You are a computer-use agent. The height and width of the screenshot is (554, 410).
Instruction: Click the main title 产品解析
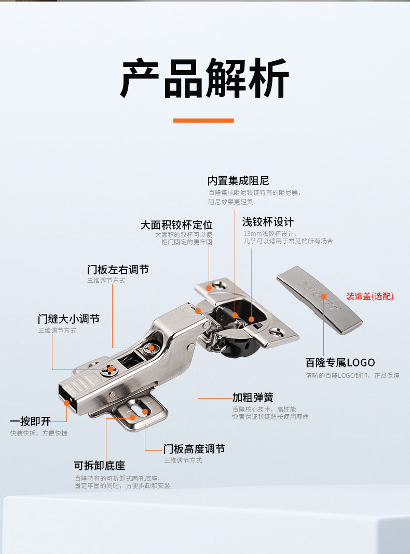pyautogui.click(x=204, y=78)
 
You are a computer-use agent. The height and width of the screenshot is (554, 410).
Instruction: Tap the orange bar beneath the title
pyautogui.click(x=203, y=121)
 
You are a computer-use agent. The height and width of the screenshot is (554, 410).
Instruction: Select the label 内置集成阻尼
pyautogui.click(x=238, y=181)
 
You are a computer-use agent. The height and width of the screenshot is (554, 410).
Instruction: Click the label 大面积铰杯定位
pyautogui.click(x=176, y=225)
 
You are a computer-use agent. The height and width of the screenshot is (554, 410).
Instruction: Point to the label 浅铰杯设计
pyautogui.click(x=268, y=222)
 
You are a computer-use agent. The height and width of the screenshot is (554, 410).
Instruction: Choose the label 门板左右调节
pyautogui.click(x=118, y=270)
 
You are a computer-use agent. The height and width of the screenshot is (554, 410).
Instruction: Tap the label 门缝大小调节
pyautogui.click(x=69, y=319)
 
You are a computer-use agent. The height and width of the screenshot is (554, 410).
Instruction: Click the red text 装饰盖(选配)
pyautogui.click(x=370, y=296)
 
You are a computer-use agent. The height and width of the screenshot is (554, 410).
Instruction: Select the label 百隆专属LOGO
pyautogui.click(x=340, y=362)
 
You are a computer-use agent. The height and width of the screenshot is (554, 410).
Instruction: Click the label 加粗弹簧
pyautogui.click(x=253, y=398)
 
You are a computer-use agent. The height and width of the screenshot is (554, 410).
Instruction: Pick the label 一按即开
pyautogui.click(x=31, y=421)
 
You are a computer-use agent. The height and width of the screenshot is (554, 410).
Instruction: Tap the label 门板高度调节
pyautogui.click(x=194, y=449)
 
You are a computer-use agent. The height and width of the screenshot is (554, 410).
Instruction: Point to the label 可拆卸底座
pyautogui.click(x=100, y=466)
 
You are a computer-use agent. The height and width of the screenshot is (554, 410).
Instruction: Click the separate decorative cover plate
pyautogui.click(x=319, y=299)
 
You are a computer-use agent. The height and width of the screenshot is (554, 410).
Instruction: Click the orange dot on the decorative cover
pyautogui.click(x=323, y=297)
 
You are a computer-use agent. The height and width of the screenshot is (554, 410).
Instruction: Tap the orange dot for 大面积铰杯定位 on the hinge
pyautogui.click(x=209, y=287)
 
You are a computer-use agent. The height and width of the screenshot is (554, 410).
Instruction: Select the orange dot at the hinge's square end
pyautogui.click(x=66, y=402)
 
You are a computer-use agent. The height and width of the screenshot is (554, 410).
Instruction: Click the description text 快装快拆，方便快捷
pyautogui.click(x=39, y=433)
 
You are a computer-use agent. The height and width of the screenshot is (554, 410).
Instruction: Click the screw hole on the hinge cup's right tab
pyautogui.click(x=281, y=329)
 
